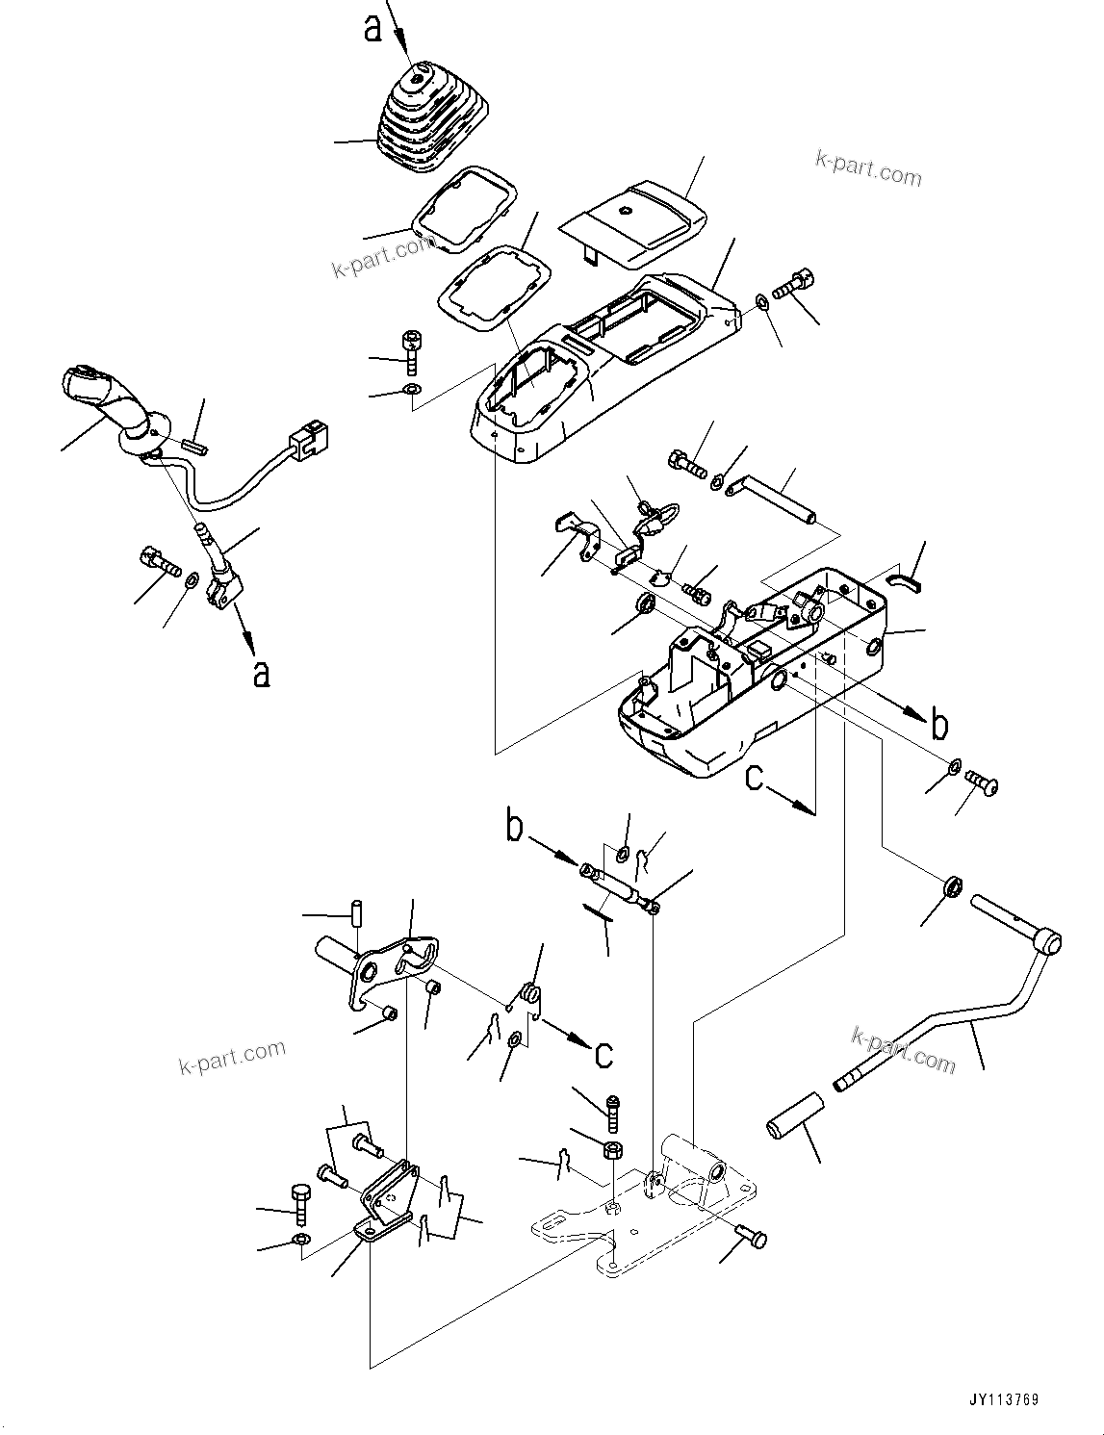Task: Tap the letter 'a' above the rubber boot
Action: tap(372, 28)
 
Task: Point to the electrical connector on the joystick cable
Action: tap(310, 443)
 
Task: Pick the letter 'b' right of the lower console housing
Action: tap(940, 724)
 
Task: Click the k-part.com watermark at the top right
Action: tap(868, 170)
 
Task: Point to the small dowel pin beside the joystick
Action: tap(194, 447)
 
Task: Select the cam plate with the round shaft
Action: tap(385, 967)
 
